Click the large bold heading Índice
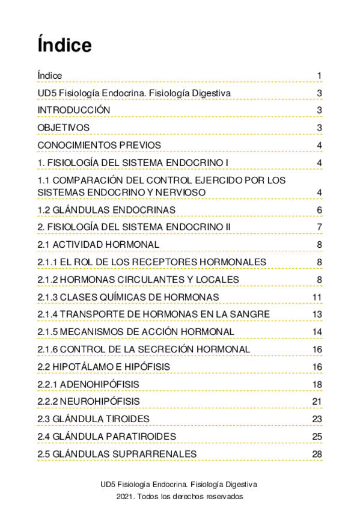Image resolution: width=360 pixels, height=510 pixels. coord(64,45)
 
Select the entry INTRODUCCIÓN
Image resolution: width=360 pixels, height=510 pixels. coord(74,110)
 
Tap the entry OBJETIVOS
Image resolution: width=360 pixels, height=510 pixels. coord(63,127)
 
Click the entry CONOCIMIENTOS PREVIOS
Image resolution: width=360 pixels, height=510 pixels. coord(99,145)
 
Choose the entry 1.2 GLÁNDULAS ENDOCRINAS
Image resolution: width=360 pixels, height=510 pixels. coord(106,209)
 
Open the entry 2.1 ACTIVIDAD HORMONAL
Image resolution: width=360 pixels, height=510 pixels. coord(98,244)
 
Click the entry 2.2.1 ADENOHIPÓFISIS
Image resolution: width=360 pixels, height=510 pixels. coord(88,384)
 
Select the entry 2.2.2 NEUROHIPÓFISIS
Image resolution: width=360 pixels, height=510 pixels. coord(88,402)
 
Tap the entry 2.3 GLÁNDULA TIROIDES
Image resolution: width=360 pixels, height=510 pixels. coord(93,419)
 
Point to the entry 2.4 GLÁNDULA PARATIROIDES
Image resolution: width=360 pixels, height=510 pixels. coord(106,436)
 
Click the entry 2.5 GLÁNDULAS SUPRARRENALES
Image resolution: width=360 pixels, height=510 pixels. coord(117,453)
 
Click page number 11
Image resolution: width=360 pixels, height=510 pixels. coord(317,298)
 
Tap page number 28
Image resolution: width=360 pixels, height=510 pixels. coord(317,454)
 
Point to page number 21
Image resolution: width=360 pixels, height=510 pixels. coord(317,402)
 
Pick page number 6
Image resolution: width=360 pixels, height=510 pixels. coord(320,210)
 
